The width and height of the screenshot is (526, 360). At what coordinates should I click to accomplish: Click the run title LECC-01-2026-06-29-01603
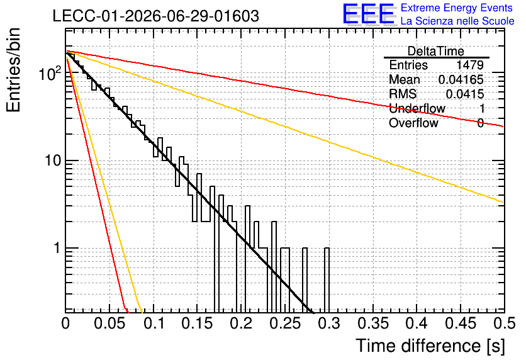[156, 16]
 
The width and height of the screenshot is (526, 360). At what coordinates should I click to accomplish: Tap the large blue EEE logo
[369, 14]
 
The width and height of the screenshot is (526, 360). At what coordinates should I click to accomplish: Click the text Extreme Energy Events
[457, 8]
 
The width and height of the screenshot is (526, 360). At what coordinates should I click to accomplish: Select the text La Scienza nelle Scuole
[457, 21]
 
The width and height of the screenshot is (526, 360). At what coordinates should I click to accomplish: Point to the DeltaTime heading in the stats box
[435, 52]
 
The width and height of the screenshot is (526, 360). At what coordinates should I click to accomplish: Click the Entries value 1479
[469, 65]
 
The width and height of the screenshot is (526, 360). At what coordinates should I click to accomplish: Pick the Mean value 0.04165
[461, 79]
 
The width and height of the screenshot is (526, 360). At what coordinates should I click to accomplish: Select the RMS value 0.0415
[464, 94]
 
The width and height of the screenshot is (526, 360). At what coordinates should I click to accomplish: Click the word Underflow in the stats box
[417, 108]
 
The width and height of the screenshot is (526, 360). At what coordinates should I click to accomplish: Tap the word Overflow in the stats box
[413, 123]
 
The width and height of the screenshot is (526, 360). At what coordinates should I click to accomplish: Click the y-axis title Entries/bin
[13, 70]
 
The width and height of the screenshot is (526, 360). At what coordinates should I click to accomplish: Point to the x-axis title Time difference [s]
[430, 346]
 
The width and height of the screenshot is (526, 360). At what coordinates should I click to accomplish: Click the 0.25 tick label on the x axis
[285, 323]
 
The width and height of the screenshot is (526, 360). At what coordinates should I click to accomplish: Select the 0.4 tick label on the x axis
[417, 323]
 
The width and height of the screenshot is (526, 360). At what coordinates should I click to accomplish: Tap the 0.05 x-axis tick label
[109, 323]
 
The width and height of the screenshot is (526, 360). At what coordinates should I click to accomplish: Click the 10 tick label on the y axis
[53, 160]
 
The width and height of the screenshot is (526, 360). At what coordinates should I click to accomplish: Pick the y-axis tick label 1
[57, 248]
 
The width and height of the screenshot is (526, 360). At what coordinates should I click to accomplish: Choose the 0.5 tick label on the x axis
[504, 323]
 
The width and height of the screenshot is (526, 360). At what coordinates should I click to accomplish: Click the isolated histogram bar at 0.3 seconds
[327, 280]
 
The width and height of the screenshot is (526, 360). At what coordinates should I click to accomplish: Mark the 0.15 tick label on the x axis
[198, 323]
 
